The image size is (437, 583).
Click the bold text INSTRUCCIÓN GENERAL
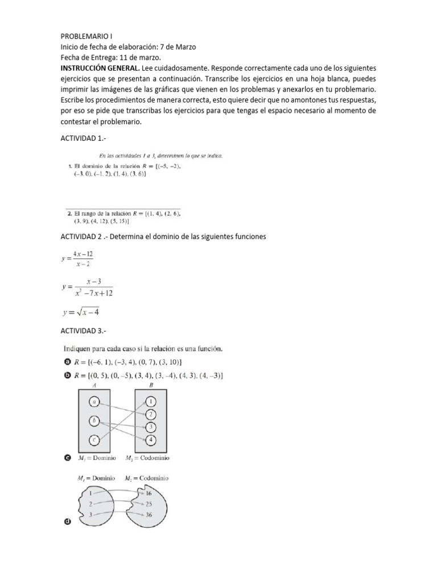pyautogui.click(x=96, y=68)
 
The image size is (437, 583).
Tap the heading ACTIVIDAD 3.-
pyautogui.click(x=83, y=330)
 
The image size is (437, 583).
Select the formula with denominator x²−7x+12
pyautogui.click(x=87, y=287)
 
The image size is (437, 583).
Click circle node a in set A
pyautogui.click(x=94, y=403)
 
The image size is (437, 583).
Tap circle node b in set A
pyautogui.click(x=94, y=421)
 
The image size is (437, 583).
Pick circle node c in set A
pyautogui.click(x=94, y=440)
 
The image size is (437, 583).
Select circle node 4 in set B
pyautogui.click(x=150, y=440)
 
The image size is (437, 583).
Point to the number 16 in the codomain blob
pyautogui.click(x=149, y=493)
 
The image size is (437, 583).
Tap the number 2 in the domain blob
pyautogui.click(x=89, y=504)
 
